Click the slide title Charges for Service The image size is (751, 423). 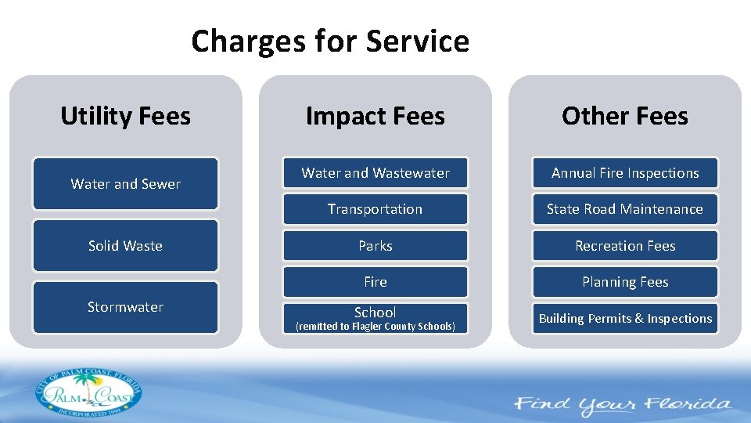point(329,41)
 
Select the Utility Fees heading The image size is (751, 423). point(125,116)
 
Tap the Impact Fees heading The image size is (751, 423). point(375,116)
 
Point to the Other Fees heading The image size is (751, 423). point(624,116)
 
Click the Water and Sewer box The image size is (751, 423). point(125,184)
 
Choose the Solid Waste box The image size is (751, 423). point(125,246)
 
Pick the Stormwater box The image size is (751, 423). point(125,307)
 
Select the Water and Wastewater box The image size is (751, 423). point(375,173)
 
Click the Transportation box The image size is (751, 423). point(375,209)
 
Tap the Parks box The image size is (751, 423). point(375,246)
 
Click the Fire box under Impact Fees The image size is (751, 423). point(375,282)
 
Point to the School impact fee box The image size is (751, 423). point(375,313)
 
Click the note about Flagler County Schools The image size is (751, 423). point(375,327)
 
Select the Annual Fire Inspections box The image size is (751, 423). point(624,173)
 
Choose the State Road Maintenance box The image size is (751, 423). point(624,209)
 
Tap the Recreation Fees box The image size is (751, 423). point(624,246)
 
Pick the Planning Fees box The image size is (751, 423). point(624,282)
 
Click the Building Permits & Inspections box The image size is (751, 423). point(624,319)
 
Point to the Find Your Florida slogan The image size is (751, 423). point(622,405)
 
